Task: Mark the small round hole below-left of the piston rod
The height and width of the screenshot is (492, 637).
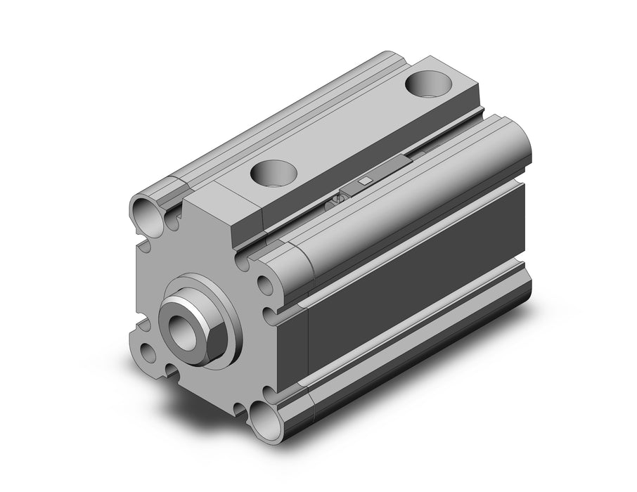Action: [148, 351]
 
